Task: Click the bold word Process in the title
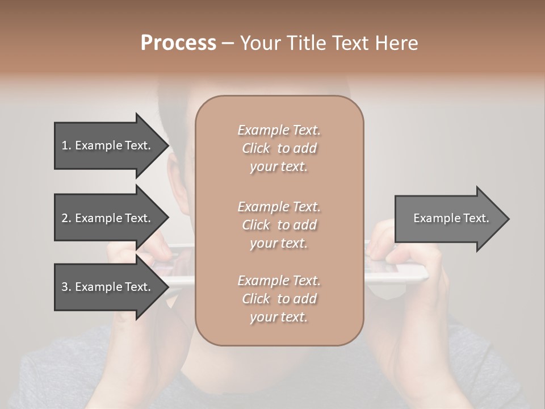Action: (x=178, y=43)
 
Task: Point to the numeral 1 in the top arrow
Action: (x=65, y=145)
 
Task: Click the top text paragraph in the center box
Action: (x=279, y=148)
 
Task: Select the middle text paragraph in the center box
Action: (x=279, y=225)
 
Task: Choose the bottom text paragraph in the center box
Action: (x=279, y=299)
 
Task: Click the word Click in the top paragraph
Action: (x=255, y=148)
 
